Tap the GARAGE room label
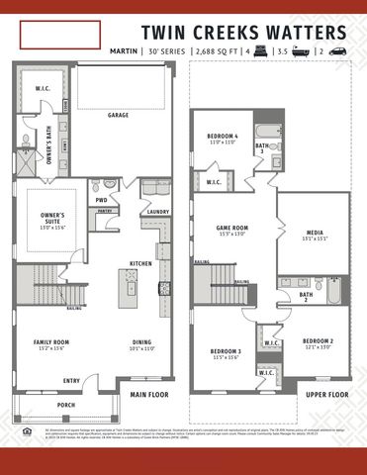click(x=119, y=115)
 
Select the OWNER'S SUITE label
click(x=52, y=218)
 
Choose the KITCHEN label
click(x=139, y=263)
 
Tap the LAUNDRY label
click(x=157, y=211)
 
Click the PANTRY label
click(x=105, y=211)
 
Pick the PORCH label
click(x=66, y=405)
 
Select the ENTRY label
click(x=71, y=380)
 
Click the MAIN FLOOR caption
click(x=149, y=394)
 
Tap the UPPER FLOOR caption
click(x=325, y=394)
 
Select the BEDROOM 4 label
click(x=222, y=139)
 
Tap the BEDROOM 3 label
click(x=227, y=353)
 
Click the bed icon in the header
click(x=261, y=49)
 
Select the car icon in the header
click(x=337, y=49)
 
